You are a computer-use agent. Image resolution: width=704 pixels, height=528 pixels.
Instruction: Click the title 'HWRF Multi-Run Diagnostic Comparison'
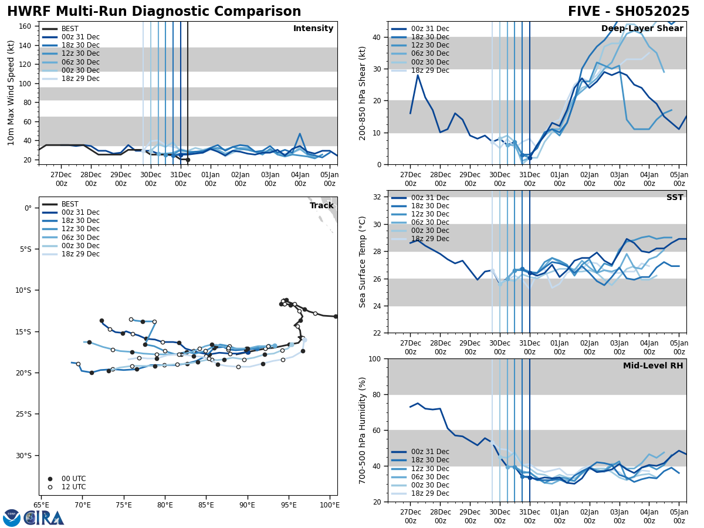click(154, 12)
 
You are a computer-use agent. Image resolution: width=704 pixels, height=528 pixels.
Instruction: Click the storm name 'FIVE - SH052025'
click(628, 12)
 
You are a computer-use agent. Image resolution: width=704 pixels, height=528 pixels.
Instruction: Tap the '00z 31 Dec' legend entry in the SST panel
click(430, 198)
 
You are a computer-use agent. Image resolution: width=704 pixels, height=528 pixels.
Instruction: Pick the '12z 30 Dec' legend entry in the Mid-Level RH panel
click(430, 468)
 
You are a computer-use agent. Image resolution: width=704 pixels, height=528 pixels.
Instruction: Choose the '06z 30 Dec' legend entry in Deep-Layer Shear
click(430, 53)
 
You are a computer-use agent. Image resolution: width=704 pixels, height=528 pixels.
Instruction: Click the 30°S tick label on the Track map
click(23, 455)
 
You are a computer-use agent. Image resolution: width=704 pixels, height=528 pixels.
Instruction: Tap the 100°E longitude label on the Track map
click(329, 505)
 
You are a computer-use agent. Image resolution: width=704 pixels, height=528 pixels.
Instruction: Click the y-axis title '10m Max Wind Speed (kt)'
click(11, 93)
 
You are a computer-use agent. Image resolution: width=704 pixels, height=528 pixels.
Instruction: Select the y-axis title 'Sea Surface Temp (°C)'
click(363, 262)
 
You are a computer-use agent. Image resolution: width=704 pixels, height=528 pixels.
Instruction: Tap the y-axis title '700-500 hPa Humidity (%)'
click(363, 430)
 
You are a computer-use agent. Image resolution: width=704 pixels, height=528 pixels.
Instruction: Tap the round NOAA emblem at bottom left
click(12, 518)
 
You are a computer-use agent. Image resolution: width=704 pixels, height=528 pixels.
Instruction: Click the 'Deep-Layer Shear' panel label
click(642, 29)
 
